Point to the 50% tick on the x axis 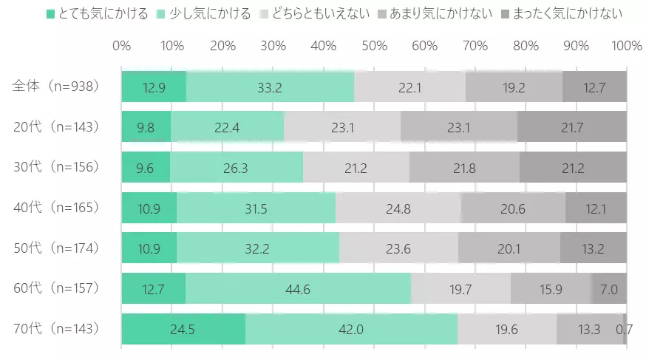pyautogui.click(x=374, y=46)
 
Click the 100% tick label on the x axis pyautogui.click(x=626, y=46)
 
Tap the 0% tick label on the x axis pyautogui.click(x=122, y=46)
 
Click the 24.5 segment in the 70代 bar pyautogui.click(x=183, y=329)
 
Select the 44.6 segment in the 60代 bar pyautogui.click(x=299, y=288)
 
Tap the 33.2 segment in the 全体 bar pyautogui.click(x=271, y=86)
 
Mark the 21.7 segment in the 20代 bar pyautogui.click(x=572, y=127)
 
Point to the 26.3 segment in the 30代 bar pyautogui.click(x=237, y=168)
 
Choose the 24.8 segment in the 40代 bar pyautogui.click(x=398, y=208)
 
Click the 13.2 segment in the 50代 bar pyautogui.click(x=594, y=248)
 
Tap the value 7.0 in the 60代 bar pyautogui.click(x=609, y=289)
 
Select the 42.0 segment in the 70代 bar pyautogui.click(x=351, y=329)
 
